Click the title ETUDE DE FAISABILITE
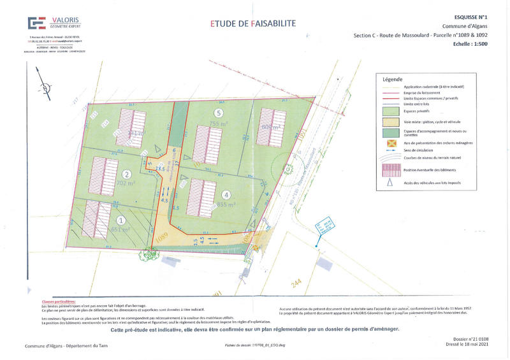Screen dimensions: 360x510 click(x=253, y=24)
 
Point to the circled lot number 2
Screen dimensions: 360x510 click(x=127, y=174)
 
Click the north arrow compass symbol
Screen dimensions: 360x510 click(x=43, y=87)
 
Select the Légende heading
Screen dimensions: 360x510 click(x=393, y=80)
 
